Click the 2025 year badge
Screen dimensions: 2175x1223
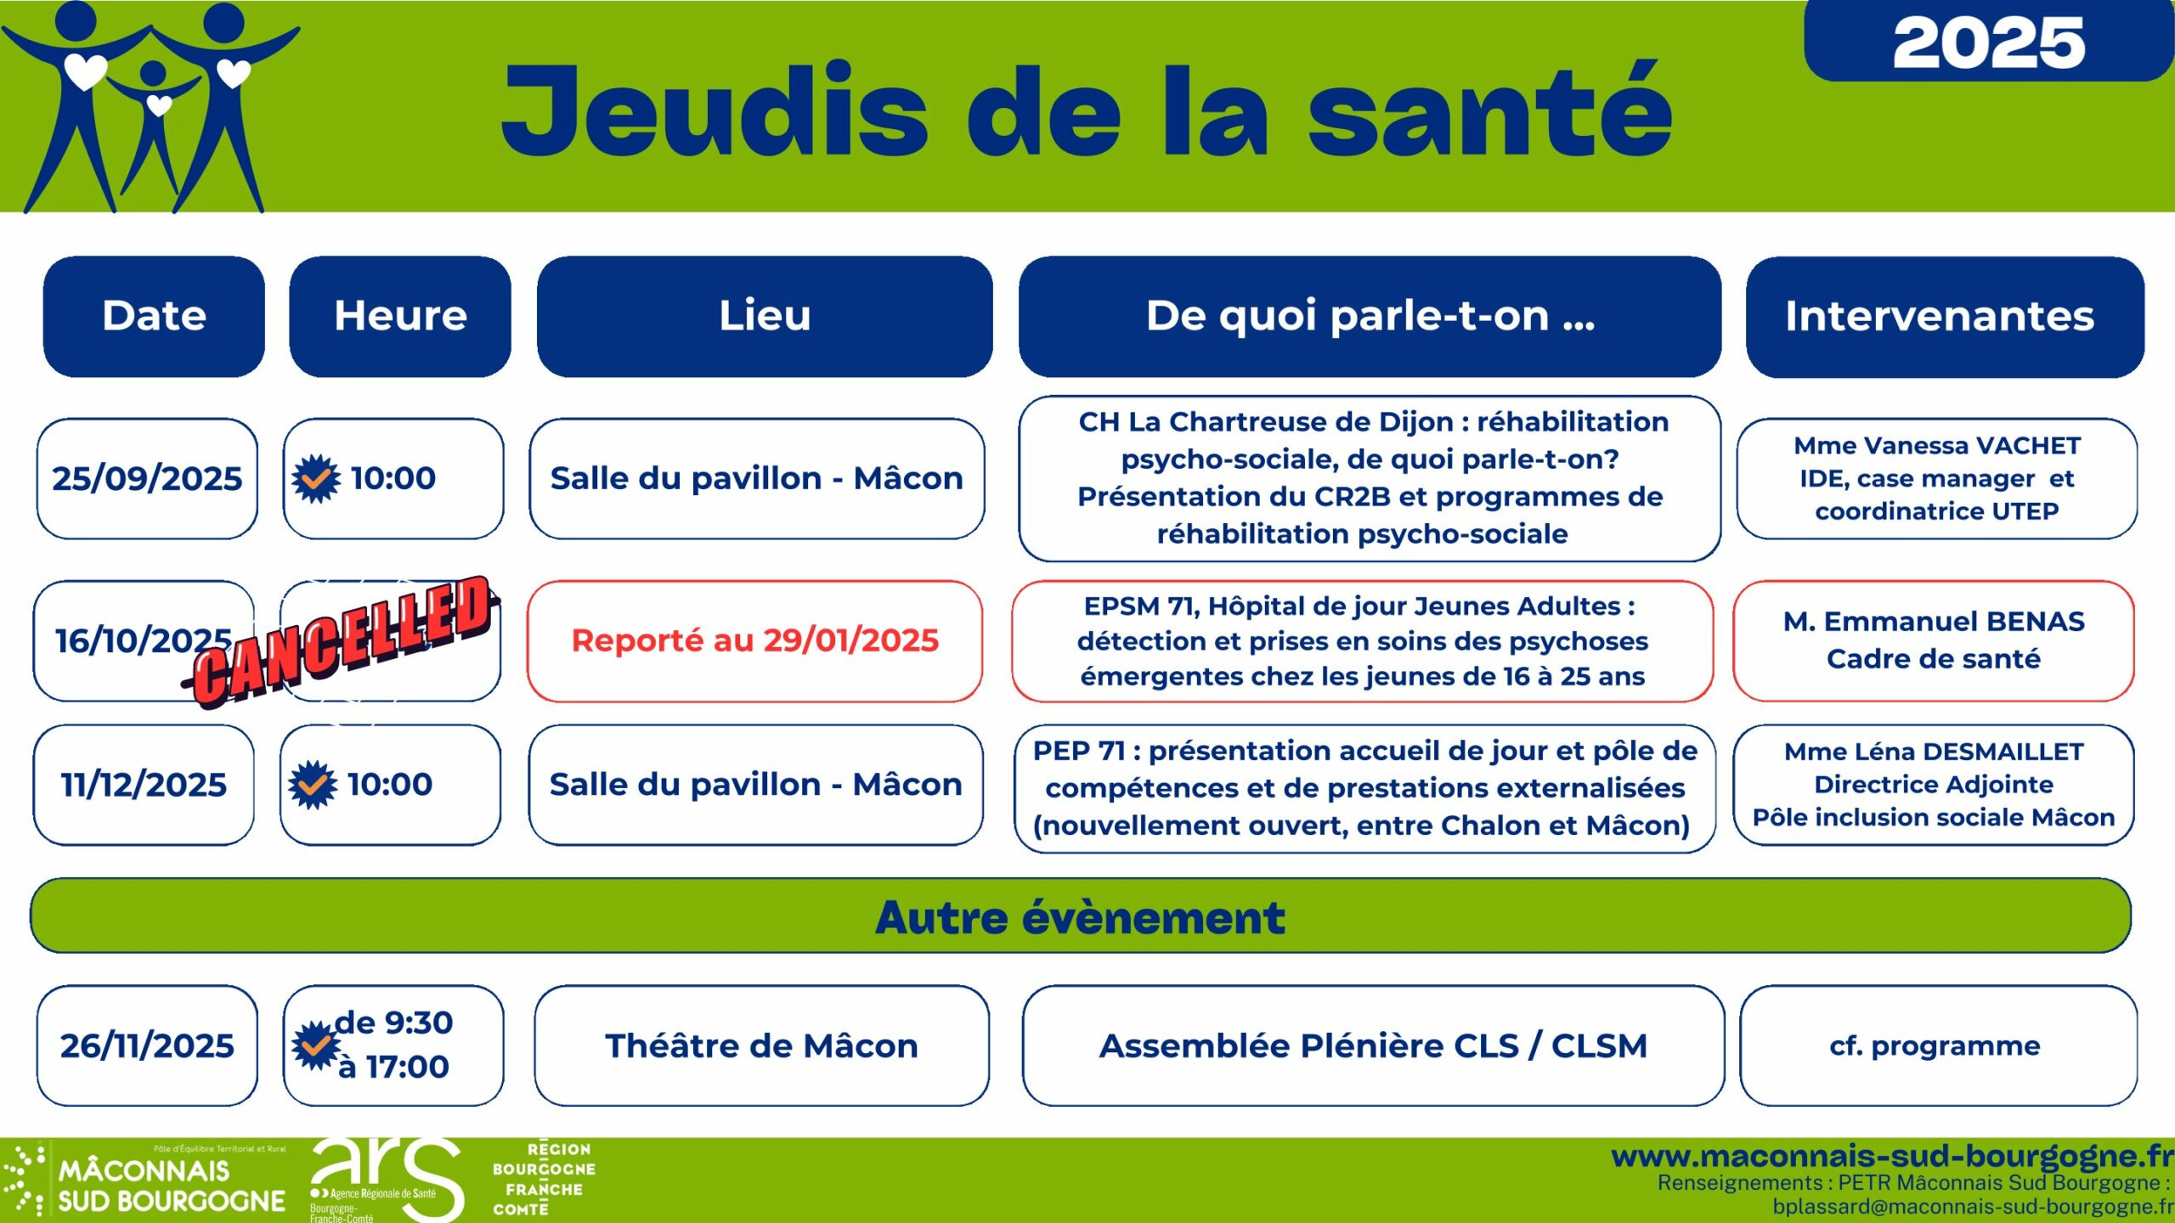click(x=1988, y=41)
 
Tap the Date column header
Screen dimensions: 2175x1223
click(x=154, y=316)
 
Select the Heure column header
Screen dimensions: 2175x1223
click(x=400, y=316)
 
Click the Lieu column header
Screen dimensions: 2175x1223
click(x=765, y=316)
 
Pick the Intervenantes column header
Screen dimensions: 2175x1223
click(x=1945, y=316)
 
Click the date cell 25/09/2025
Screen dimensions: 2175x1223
click(x=147, y=478)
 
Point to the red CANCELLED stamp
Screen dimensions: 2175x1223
click(x=340, y=642)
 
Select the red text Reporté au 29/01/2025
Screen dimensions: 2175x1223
click(x=754, y=640)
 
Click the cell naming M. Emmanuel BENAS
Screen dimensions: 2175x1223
click(x=1934, y=640)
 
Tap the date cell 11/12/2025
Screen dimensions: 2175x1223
click(x=144, y=785)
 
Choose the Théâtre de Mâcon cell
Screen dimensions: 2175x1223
click(x=762, y=1045)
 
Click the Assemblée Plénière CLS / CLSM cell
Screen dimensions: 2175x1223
click(x=1373, y=1045)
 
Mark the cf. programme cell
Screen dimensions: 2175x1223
click(x=1939, y=1045)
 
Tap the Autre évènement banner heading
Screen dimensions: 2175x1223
click(x=1081, y=916)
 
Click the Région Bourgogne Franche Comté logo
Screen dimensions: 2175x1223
click(x=544, y=1179)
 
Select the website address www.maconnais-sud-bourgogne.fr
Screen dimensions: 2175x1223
click(x=1893, y=1155)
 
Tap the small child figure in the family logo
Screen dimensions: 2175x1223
click(x=154, y=119)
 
